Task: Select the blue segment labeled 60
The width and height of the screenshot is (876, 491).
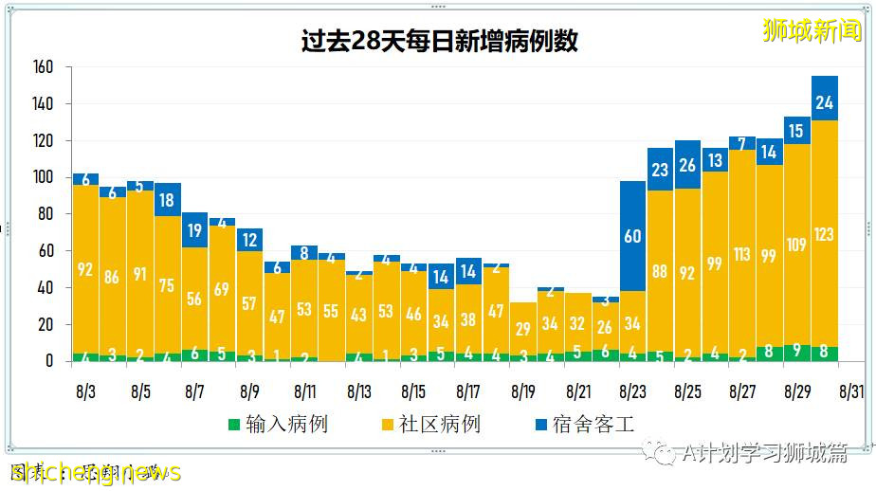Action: (632, 236)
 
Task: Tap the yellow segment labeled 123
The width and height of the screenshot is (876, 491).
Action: (824, 233)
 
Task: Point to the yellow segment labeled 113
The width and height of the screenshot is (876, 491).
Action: (742, 253)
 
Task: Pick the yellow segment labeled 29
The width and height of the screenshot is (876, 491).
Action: (523, 328)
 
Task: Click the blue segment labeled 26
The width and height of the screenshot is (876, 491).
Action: (687, 165)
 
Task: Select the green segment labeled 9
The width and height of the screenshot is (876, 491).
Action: (797, 353)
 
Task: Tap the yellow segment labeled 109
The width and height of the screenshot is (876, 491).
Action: (797, 245)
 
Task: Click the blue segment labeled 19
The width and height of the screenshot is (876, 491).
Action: (195, 229)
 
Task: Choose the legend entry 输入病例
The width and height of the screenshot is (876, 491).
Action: (279, 424)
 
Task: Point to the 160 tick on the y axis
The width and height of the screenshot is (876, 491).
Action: (44, 67)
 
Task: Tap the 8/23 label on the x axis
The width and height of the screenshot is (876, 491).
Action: (632, 391)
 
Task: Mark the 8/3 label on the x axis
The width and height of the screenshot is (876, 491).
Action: (86, 391)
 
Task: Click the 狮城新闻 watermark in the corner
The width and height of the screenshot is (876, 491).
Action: (812, 29)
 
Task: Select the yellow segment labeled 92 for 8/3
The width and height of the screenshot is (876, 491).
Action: (86, 270)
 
